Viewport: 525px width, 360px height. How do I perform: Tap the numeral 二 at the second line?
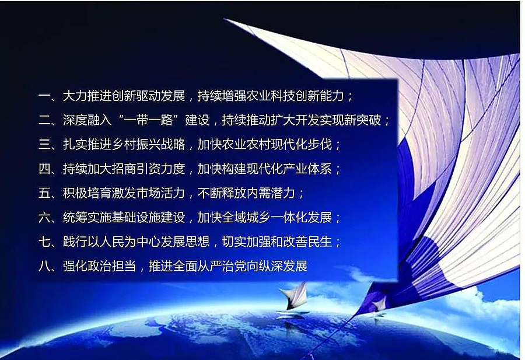pos(44,120)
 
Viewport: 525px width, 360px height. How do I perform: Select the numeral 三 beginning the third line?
pos(44,144)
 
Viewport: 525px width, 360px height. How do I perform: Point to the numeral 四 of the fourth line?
pos(44,169)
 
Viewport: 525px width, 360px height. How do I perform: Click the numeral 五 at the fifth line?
pos(44,193)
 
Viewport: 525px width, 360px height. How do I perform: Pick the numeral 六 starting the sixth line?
pos(44,217)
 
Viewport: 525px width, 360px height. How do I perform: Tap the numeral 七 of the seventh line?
pos(44,242)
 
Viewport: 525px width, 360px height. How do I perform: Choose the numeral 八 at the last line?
pos(44,266)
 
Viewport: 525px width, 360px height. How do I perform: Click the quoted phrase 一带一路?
pos(148,120)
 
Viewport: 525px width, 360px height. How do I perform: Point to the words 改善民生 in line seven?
pos(319,242)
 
